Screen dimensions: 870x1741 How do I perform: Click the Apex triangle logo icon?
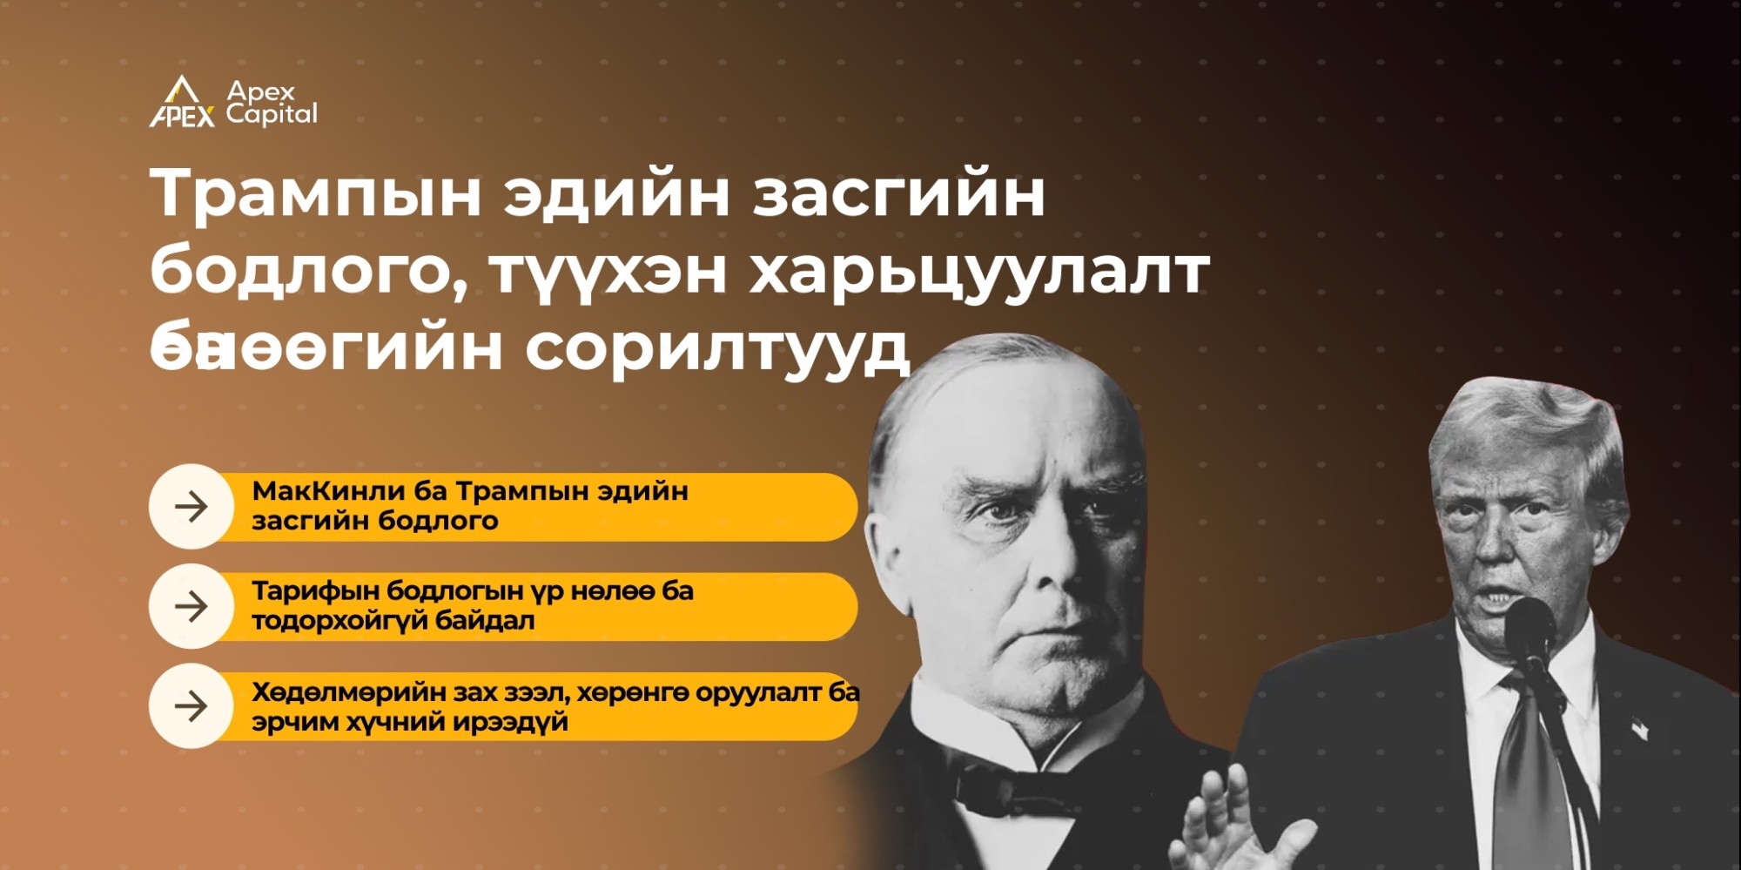click(x=182, y=102)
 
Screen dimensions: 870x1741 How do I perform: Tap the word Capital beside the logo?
click(x=272, y=114)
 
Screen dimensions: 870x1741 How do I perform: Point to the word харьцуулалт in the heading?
click(x=979, y=271)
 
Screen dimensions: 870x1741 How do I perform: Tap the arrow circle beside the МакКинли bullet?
click(x=192, y=506)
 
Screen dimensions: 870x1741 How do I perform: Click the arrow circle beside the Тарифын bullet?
click(x=192, y=606)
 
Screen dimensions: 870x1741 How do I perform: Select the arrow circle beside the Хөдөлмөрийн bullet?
click(x=192, y=706)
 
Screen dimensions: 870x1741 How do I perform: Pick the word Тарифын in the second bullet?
click(x=314, y=591)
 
